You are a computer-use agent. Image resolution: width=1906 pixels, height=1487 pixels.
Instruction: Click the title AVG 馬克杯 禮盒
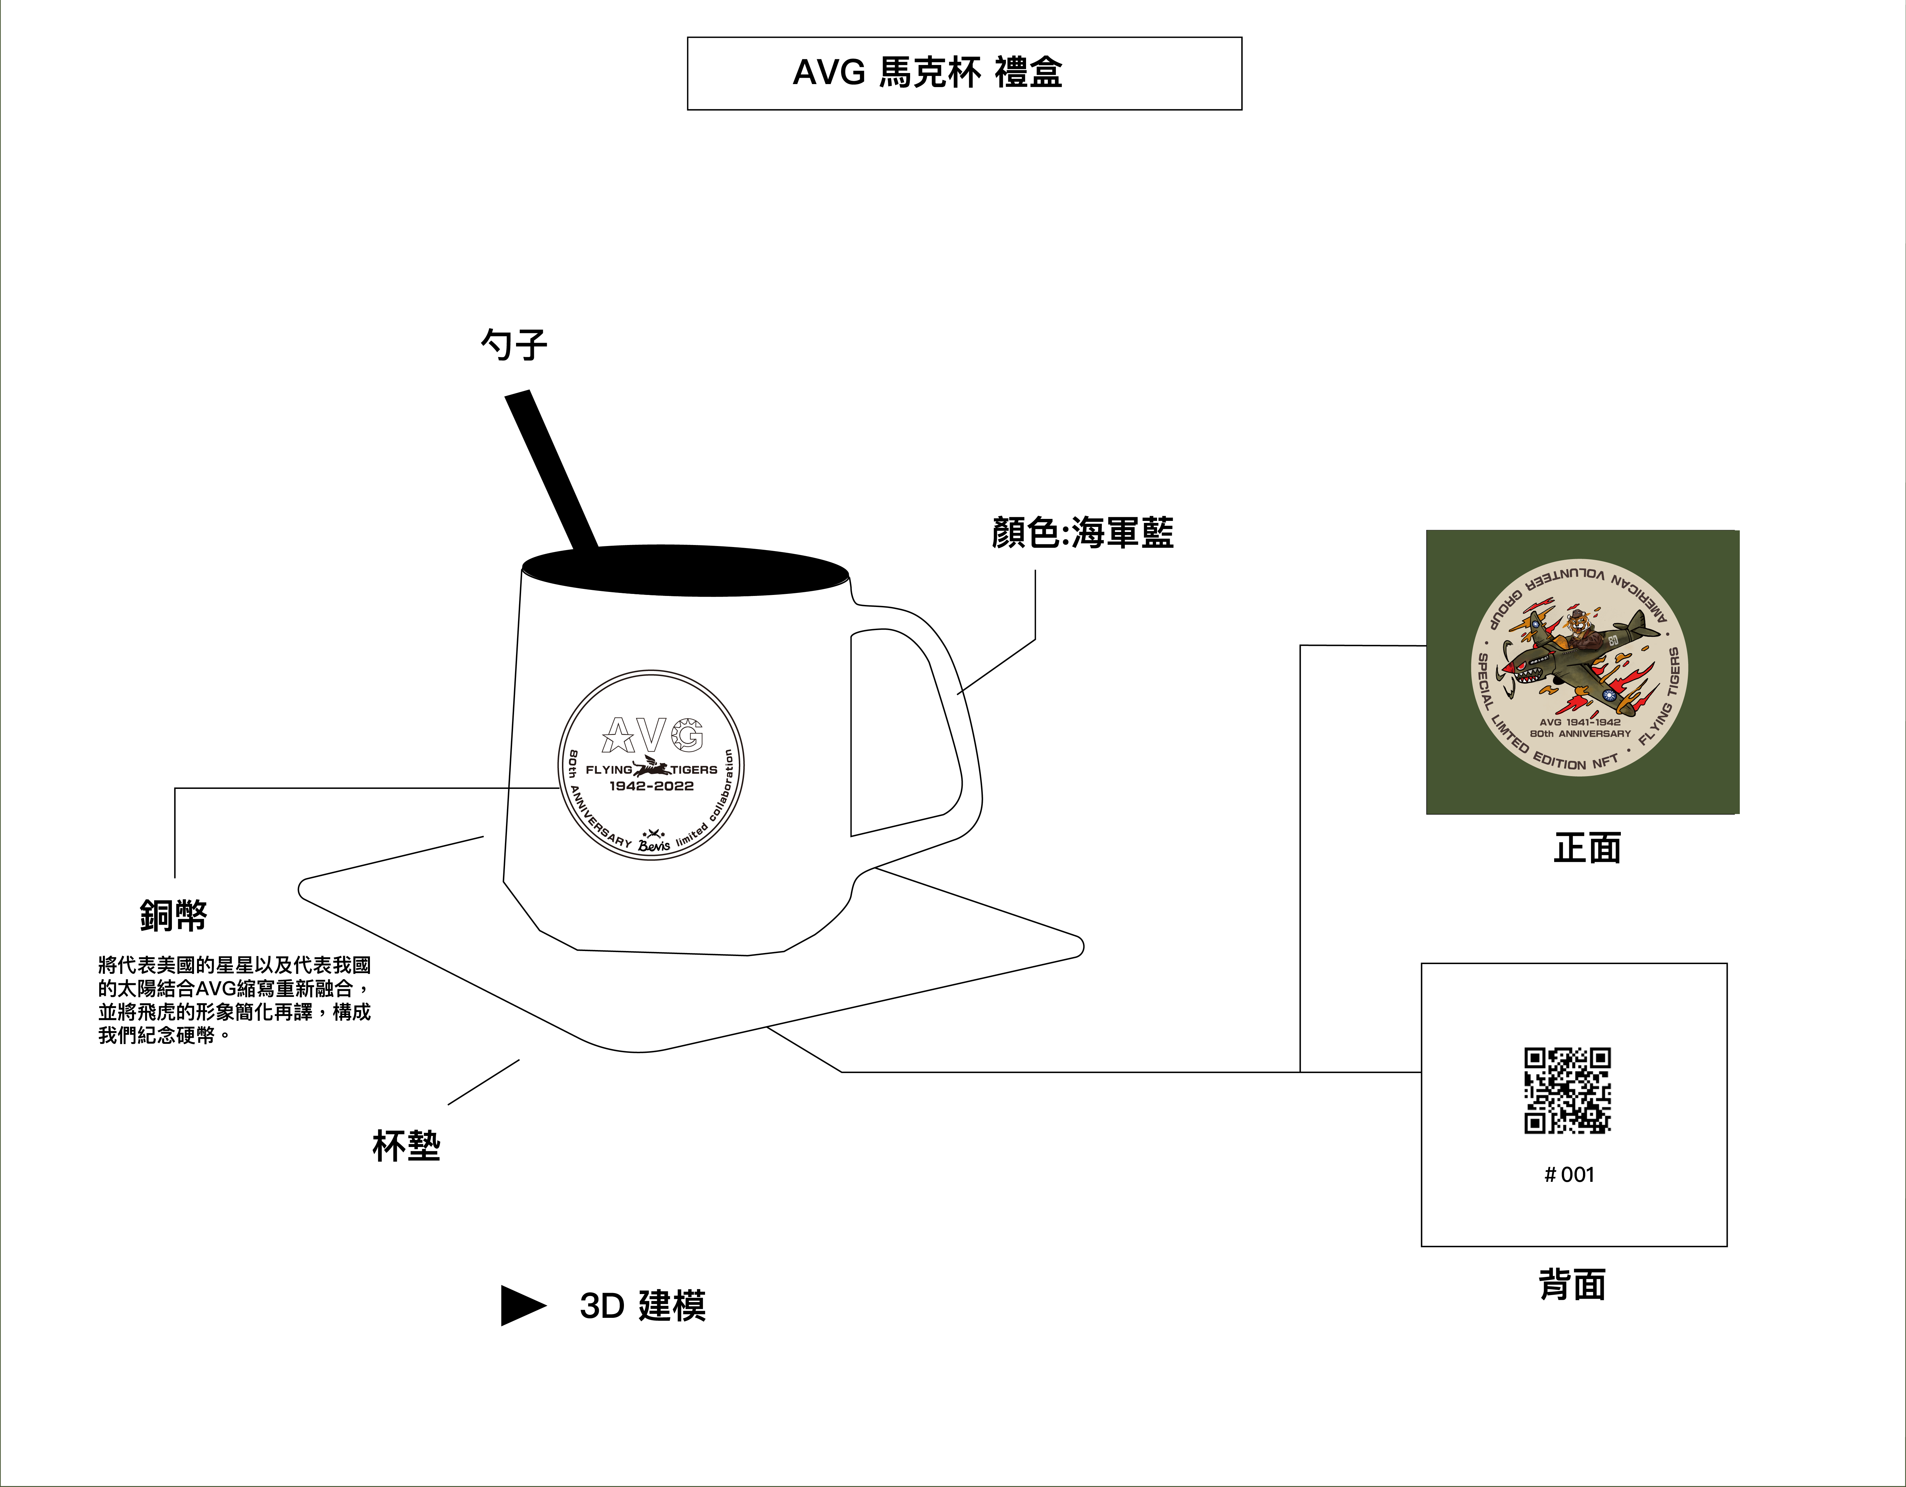[927, 72]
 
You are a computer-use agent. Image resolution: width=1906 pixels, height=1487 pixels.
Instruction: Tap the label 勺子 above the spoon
[514, 345]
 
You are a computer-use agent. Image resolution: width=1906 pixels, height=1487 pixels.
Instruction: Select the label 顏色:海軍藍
[1082, 532]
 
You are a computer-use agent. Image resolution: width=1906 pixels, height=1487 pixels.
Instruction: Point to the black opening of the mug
[685, 571]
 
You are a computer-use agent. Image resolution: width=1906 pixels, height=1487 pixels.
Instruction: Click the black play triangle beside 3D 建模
[522, 1305]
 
